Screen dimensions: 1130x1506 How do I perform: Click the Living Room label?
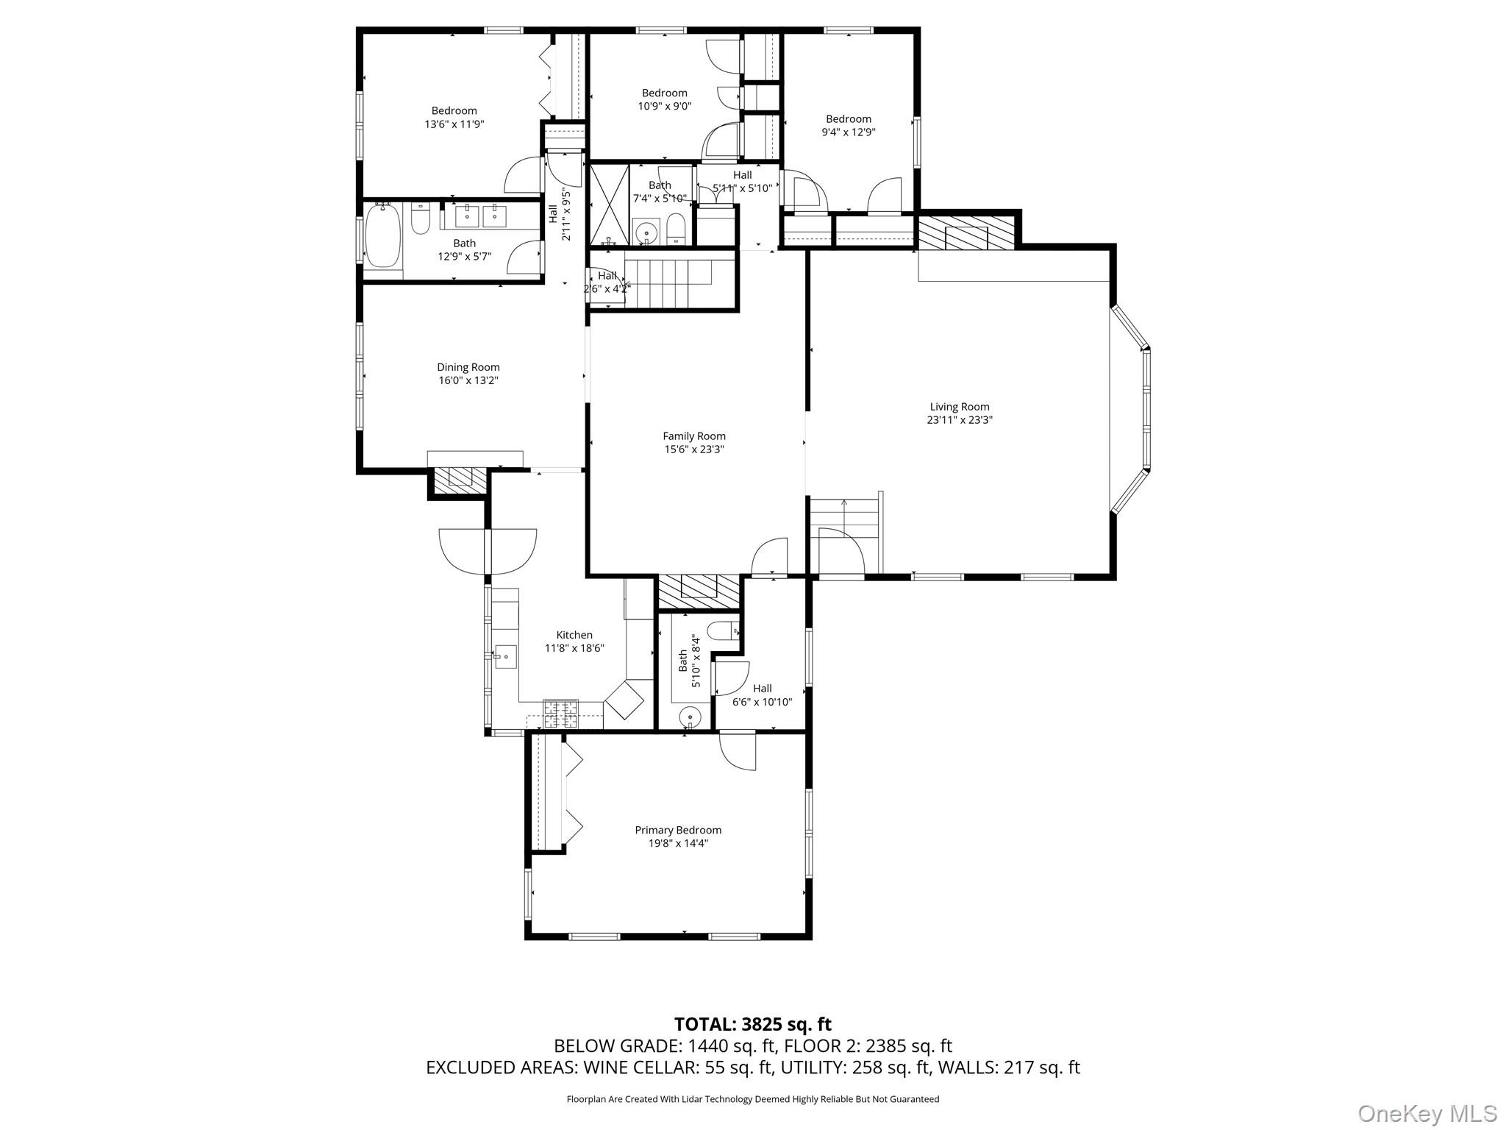(960, 407)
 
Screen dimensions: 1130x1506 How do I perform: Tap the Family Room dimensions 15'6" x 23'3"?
(693, 449)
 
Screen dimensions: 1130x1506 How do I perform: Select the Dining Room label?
(468, 367)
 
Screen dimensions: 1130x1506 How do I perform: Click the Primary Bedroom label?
(678, 830)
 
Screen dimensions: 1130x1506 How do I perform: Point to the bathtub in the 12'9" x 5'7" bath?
(382, 236)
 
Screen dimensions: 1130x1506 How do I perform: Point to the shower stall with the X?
(610, 205)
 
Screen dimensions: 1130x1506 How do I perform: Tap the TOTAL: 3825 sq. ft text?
(752, 1024)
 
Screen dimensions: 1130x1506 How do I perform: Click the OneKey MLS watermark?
(1427, 1113)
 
